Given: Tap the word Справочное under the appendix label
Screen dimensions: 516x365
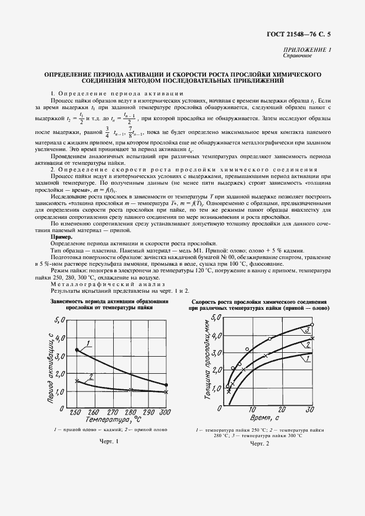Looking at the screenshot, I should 298,56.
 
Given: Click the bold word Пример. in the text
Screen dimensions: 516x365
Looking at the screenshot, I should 62,237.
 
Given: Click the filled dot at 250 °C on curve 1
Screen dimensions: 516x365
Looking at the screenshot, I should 77,350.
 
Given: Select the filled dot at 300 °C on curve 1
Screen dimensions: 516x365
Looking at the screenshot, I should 166,385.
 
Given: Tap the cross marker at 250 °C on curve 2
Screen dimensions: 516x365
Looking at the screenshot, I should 77,381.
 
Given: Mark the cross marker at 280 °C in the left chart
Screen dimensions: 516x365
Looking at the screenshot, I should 130,390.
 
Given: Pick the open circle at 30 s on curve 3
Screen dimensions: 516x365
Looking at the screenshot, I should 313,325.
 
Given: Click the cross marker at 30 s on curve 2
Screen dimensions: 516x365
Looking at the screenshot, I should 313,338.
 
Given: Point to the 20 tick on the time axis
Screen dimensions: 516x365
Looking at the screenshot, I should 282,410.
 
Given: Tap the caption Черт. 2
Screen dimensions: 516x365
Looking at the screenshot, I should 260,444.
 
